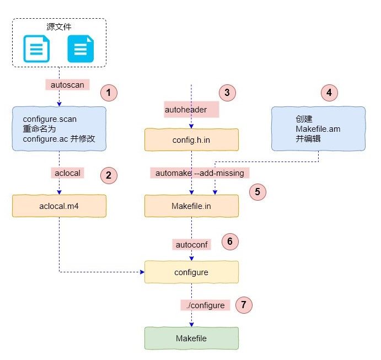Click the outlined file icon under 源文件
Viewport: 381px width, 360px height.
click(36, 49)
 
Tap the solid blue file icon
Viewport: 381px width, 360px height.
click(81, 49)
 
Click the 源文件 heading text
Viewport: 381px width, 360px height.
click(60, 26)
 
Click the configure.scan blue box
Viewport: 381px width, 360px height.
click(59, 129)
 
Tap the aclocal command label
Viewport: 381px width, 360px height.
click(67, 173)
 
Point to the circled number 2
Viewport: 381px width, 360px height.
click(109, 176)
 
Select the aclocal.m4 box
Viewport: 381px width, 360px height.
click(59, 206)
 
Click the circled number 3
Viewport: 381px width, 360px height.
click(228, 93)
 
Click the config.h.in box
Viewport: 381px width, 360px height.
click(191, 139)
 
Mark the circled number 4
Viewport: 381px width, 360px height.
click(329, 93)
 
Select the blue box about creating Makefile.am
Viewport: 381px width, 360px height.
click(318, 129)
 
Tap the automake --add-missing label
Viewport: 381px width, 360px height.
click(200, 173)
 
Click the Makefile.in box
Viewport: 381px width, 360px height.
click(191, 206)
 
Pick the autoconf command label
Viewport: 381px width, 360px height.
click(191, 244)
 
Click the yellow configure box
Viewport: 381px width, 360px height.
click(191, 272)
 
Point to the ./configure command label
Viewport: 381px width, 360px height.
click(205, 305)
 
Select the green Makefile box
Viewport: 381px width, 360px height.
click(191, 338)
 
